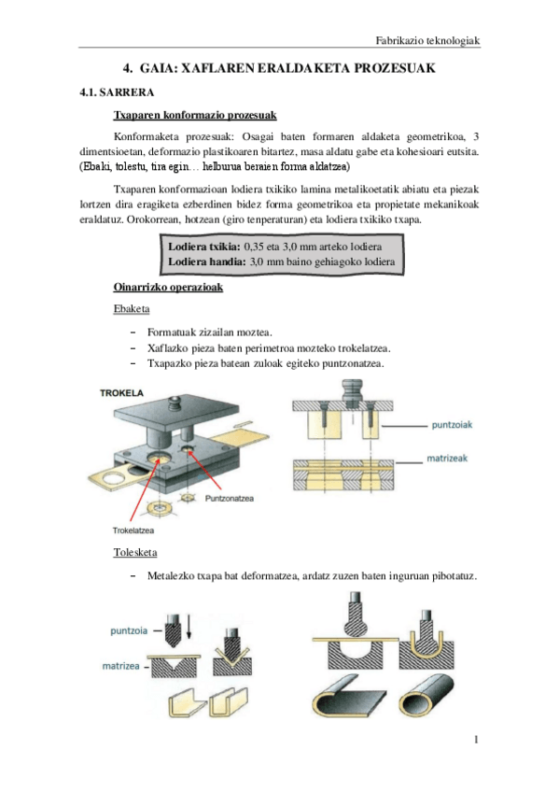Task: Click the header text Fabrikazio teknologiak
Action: pyautogui.click(x=426, y=40)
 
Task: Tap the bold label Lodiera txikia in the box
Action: pyautogui.click(x=203, y=246)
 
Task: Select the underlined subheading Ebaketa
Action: pyautogui.click(x=130, y=308)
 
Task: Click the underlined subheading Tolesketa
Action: pyautogui.click(x=134, y=552)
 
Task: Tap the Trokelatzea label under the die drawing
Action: pyautogui.click(x=125, y=530)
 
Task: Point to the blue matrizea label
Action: pyautogui.click(x=122, y=666)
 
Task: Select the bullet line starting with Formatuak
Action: pyautogui.click(x=209, y=332)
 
